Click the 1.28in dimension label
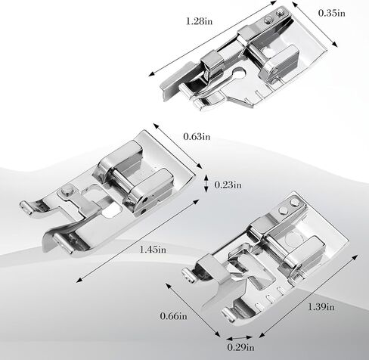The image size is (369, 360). click(199, 21)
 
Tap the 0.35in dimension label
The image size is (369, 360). click(332, 13)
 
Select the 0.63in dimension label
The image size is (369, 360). click(197, 137)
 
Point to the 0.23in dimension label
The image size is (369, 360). click(228, 185)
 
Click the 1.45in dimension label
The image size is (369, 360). click(153, 250)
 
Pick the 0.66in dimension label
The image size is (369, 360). click(173, 316)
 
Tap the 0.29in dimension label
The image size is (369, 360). click(240, 347)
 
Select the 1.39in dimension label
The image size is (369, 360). click(321, 307)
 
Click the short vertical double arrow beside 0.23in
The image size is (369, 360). click(206, 183)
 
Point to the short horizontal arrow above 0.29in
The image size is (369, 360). click(239, 338)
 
